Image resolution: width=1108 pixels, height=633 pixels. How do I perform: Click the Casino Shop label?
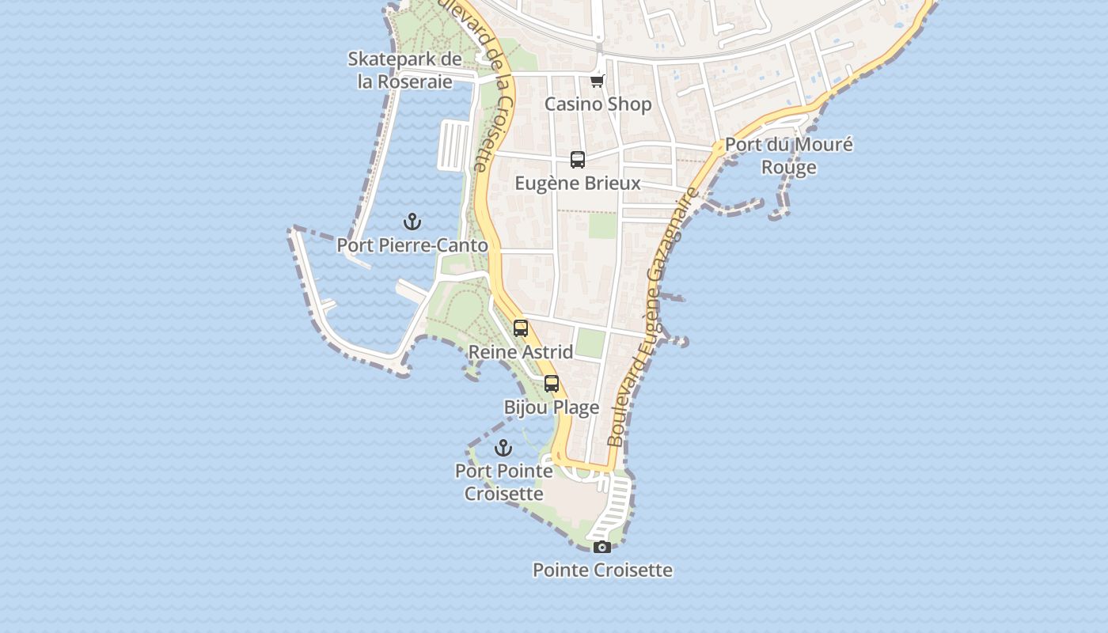coord(598,104)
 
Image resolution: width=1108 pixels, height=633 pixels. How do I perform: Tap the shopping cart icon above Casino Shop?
coord(598,81)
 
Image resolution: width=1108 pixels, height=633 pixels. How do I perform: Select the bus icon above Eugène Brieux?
coord(578,160)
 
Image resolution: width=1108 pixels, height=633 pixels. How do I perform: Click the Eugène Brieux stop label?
coord(578,184)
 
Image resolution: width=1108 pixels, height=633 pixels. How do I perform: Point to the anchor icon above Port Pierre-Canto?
coord(412,222)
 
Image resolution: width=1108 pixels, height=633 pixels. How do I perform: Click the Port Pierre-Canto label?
coord(412,245)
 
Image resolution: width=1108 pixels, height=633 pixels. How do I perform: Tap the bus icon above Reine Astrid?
coord(521,328)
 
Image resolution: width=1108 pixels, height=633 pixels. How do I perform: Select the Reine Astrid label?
coord(521,351)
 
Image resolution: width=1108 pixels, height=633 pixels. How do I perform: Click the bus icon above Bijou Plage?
coord(552,384)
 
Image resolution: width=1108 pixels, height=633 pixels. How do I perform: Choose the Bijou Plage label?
coord(552,407)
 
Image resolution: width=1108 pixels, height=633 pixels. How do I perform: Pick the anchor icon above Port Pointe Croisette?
coord(503,449)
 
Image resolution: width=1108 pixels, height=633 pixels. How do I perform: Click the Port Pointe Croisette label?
coord(503,483)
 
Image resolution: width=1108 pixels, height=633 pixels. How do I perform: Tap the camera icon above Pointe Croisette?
coord(602,547)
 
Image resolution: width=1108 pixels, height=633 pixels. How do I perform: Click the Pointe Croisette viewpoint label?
coord(602,570)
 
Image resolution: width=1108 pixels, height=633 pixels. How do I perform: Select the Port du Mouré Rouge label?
coord(789,156)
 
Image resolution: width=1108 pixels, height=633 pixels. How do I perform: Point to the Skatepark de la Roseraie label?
coord(405,70)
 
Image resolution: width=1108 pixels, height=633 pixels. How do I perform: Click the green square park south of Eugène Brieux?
coord(602,226)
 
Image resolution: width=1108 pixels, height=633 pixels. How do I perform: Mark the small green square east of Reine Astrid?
coord(590,343)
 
